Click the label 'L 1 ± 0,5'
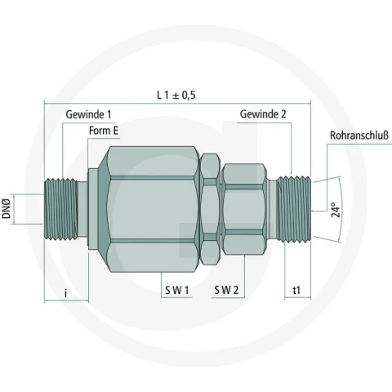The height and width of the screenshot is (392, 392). tap(176, 95)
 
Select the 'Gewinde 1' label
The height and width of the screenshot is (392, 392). tap(88, 114)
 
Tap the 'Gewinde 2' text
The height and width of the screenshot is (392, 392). tap(263, 114)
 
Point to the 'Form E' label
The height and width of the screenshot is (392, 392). tap(104, 131)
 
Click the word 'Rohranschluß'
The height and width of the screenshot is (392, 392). tap(359, 136)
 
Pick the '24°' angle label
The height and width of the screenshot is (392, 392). tap(336, 210)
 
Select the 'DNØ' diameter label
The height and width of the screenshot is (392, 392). tap(6, 209)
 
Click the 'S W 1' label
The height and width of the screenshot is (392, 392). tap(177, 290)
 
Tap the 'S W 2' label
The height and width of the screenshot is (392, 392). tap(226, 290)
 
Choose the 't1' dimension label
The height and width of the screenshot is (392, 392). tap(296, 291)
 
